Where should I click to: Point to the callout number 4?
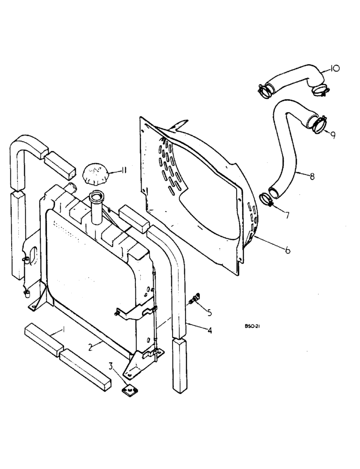[210, 331]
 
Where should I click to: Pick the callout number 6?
[286, 250]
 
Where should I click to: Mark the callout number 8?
[312, 177]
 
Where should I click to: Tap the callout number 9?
[332, 136]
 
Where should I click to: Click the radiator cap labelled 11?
[95, 175]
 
